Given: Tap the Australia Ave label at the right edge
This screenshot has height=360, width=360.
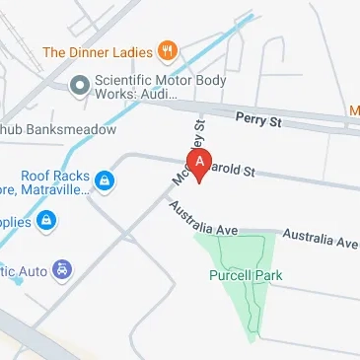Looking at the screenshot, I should (320, 238).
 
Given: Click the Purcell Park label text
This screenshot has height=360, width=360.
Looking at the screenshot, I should (245, 276).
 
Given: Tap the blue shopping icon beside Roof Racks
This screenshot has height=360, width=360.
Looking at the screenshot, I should (105, 181).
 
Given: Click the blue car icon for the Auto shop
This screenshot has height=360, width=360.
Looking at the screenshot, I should (62, 267).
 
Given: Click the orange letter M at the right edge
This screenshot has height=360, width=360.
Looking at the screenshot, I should (355, 111).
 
